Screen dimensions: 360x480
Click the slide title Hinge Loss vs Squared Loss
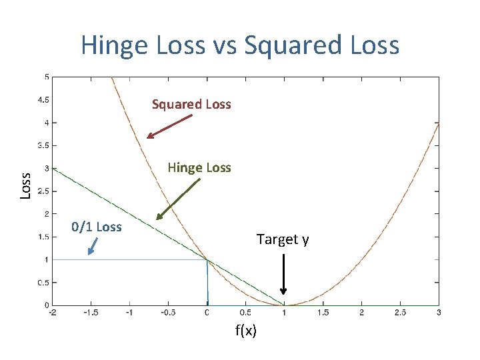point(240,45)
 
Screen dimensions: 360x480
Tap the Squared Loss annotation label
point(191,104)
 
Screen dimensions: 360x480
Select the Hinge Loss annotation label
point(199,167)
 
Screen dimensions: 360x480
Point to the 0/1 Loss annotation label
point(96,227)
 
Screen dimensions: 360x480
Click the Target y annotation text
point(283,239)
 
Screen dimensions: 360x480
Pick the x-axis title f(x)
point(246,331)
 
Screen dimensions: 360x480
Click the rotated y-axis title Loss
point(25,185)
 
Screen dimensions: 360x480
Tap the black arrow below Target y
point(283,273)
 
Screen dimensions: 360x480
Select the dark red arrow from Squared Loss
point(169,127)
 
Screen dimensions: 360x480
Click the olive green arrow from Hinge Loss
point(178,197)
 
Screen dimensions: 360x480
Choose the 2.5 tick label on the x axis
point(400,313)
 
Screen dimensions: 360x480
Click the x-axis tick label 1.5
point(323,313)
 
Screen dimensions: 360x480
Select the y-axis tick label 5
point(46,77)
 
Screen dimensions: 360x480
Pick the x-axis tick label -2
point(52,313)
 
